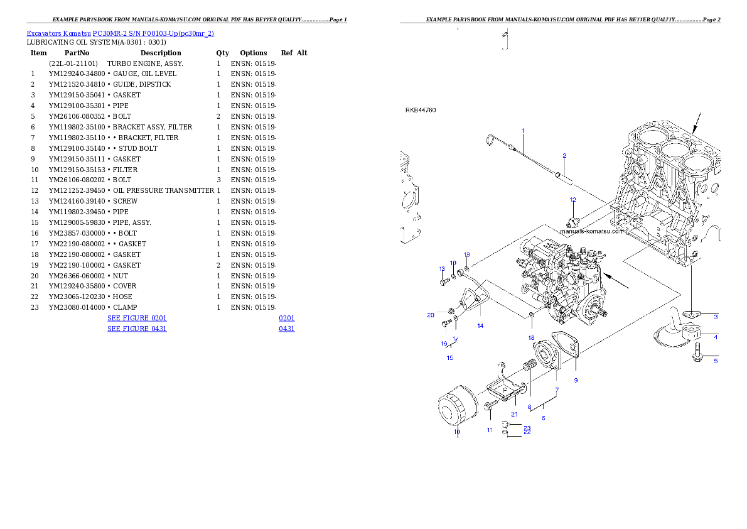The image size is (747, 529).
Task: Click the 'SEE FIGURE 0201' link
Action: (x=137, y=319)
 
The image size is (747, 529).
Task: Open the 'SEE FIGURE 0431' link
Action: (x=137, y=328)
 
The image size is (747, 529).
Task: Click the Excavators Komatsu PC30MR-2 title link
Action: (x=120, y=33)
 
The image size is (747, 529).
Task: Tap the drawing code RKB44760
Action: (x=421, y=111)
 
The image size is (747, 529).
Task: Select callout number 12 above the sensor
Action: (x=572, y=200)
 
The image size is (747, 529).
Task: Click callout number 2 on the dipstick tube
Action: (x=564, y=155)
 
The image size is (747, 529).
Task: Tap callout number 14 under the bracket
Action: (x=480, y=325)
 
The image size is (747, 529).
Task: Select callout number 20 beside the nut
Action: (x=431, y=315)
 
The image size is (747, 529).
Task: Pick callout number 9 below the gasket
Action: (x=576, y=380)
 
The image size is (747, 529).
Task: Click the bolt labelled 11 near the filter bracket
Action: (x=488, y=408)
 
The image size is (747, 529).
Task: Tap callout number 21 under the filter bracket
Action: (x=514, y=414)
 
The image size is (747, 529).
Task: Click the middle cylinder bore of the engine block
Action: (x=675, y=149)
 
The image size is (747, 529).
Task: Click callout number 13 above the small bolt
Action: (x=442, y=269)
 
